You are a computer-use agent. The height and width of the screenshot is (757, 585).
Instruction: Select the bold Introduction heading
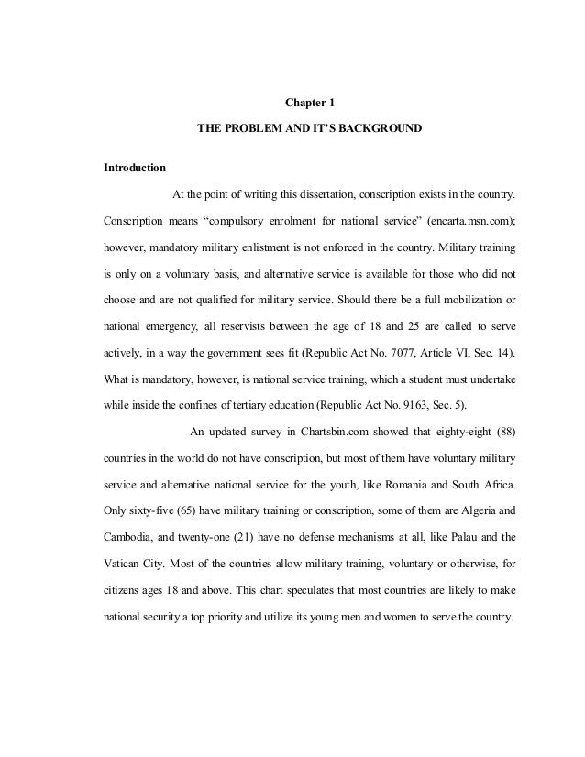click(134, 169)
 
